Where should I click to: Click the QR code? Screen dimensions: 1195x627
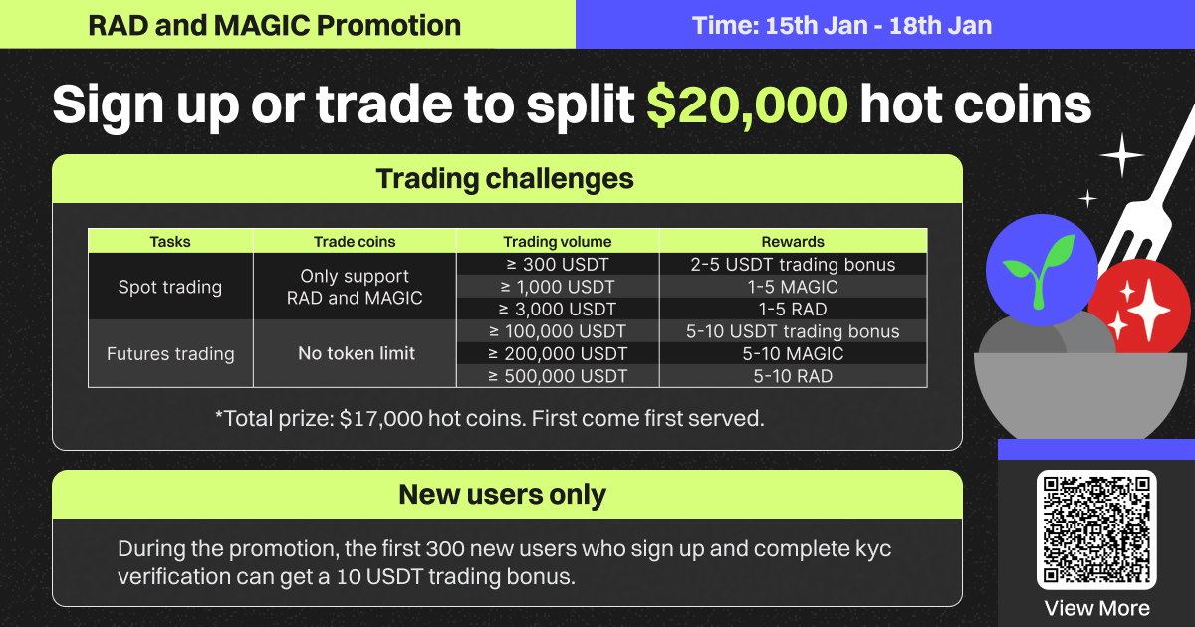[1096, 529]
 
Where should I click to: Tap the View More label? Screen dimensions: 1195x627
[1096, 608]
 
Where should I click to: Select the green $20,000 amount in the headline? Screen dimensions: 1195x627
[747, 104]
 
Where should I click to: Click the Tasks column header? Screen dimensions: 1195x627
[170, 242]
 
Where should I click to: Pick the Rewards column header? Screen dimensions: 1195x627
[793, 242]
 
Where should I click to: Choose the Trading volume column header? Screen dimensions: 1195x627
[558, 242]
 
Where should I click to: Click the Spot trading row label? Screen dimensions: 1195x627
[170, 287]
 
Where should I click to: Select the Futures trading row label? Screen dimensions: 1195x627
[170, 354]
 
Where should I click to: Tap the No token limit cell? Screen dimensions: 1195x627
[357, 353]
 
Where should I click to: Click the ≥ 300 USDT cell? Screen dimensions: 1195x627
[558, 265]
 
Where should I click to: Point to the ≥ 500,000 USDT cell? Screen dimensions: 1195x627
[558, 376]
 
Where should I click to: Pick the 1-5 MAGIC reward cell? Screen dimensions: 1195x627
[793, 287]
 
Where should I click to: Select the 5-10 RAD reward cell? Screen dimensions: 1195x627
[793, 376]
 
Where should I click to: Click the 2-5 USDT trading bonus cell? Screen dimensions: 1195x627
[793, 265]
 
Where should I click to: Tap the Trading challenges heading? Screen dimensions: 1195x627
[505, 179]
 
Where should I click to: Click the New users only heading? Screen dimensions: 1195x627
[503, 495]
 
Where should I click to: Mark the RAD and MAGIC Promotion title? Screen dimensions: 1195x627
[274, 25]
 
